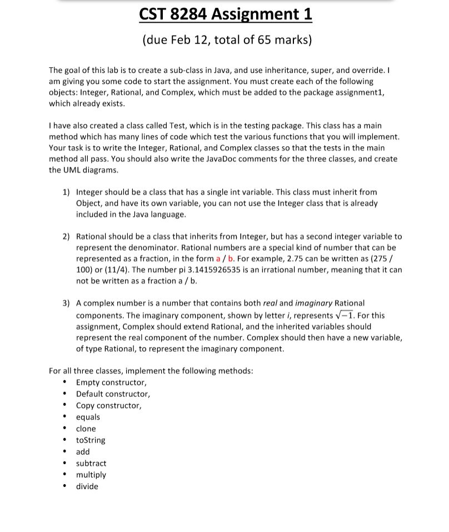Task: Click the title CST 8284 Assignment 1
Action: pos(226,14)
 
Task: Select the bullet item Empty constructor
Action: pos(111,382)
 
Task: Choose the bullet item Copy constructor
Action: pos(108,405)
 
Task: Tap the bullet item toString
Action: pos(91,440)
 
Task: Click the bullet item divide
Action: pos(87,486)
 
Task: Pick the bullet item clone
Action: pos(86,429)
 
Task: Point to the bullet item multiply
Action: pos(91,475)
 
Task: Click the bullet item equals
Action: pos(88,417)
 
